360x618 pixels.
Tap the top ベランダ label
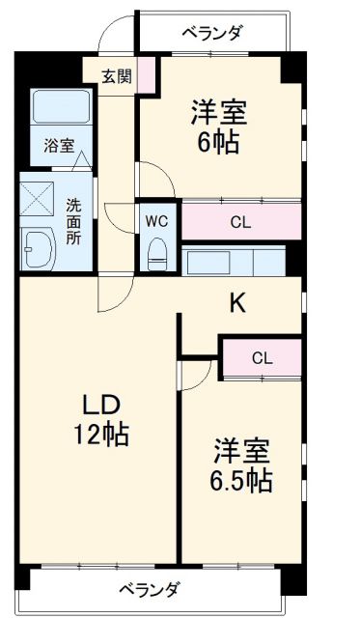(x=212, y=32)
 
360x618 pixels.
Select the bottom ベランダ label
(x=149, y=588)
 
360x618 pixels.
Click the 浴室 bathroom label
(x=59, y=146)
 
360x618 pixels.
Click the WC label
(x=157, y=221)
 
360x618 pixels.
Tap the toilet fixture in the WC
(x=157, y=254)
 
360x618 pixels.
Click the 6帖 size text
(x=219, y=144)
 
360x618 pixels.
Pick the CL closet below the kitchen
(x=263, y=358)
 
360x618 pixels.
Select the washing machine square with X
(x=39, y=201)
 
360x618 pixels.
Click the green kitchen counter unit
(x=235, y=263)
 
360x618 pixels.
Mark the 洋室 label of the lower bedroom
(x=241, y=450)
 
